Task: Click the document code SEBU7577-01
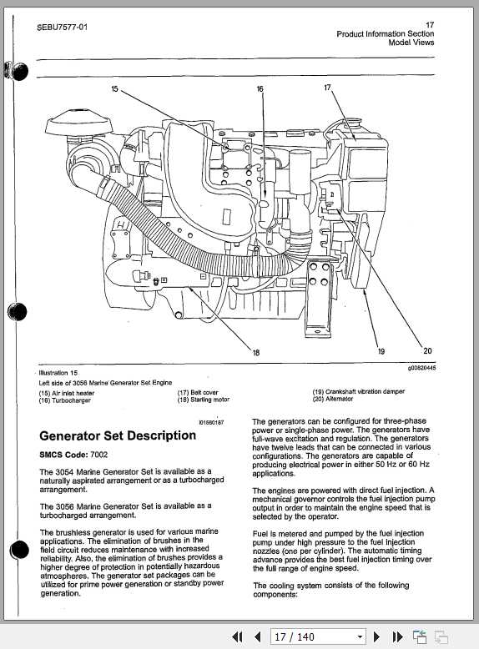(63, 27)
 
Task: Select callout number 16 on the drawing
(260, 88)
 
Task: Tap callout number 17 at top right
(328, 87)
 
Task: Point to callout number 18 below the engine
(255, 353)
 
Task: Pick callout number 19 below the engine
(381, 352)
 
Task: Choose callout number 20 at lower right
(428, 351)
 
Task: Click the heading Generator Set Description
(118, 435)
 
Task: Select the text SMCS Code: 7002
(73, 455)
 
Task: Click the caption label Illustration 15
(58, 373)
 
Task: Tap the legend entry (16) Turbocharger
(65, 400)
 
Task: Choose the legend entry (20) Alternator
(333, 400)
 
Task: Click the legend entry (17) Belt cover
(198, 392)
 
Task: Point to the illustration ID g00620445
(421, 368)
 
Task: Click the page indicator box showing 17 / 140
(319, 636)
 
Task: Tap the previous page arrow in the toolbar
(257, 636)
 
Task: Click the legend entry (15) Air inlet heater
(68, 393)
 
